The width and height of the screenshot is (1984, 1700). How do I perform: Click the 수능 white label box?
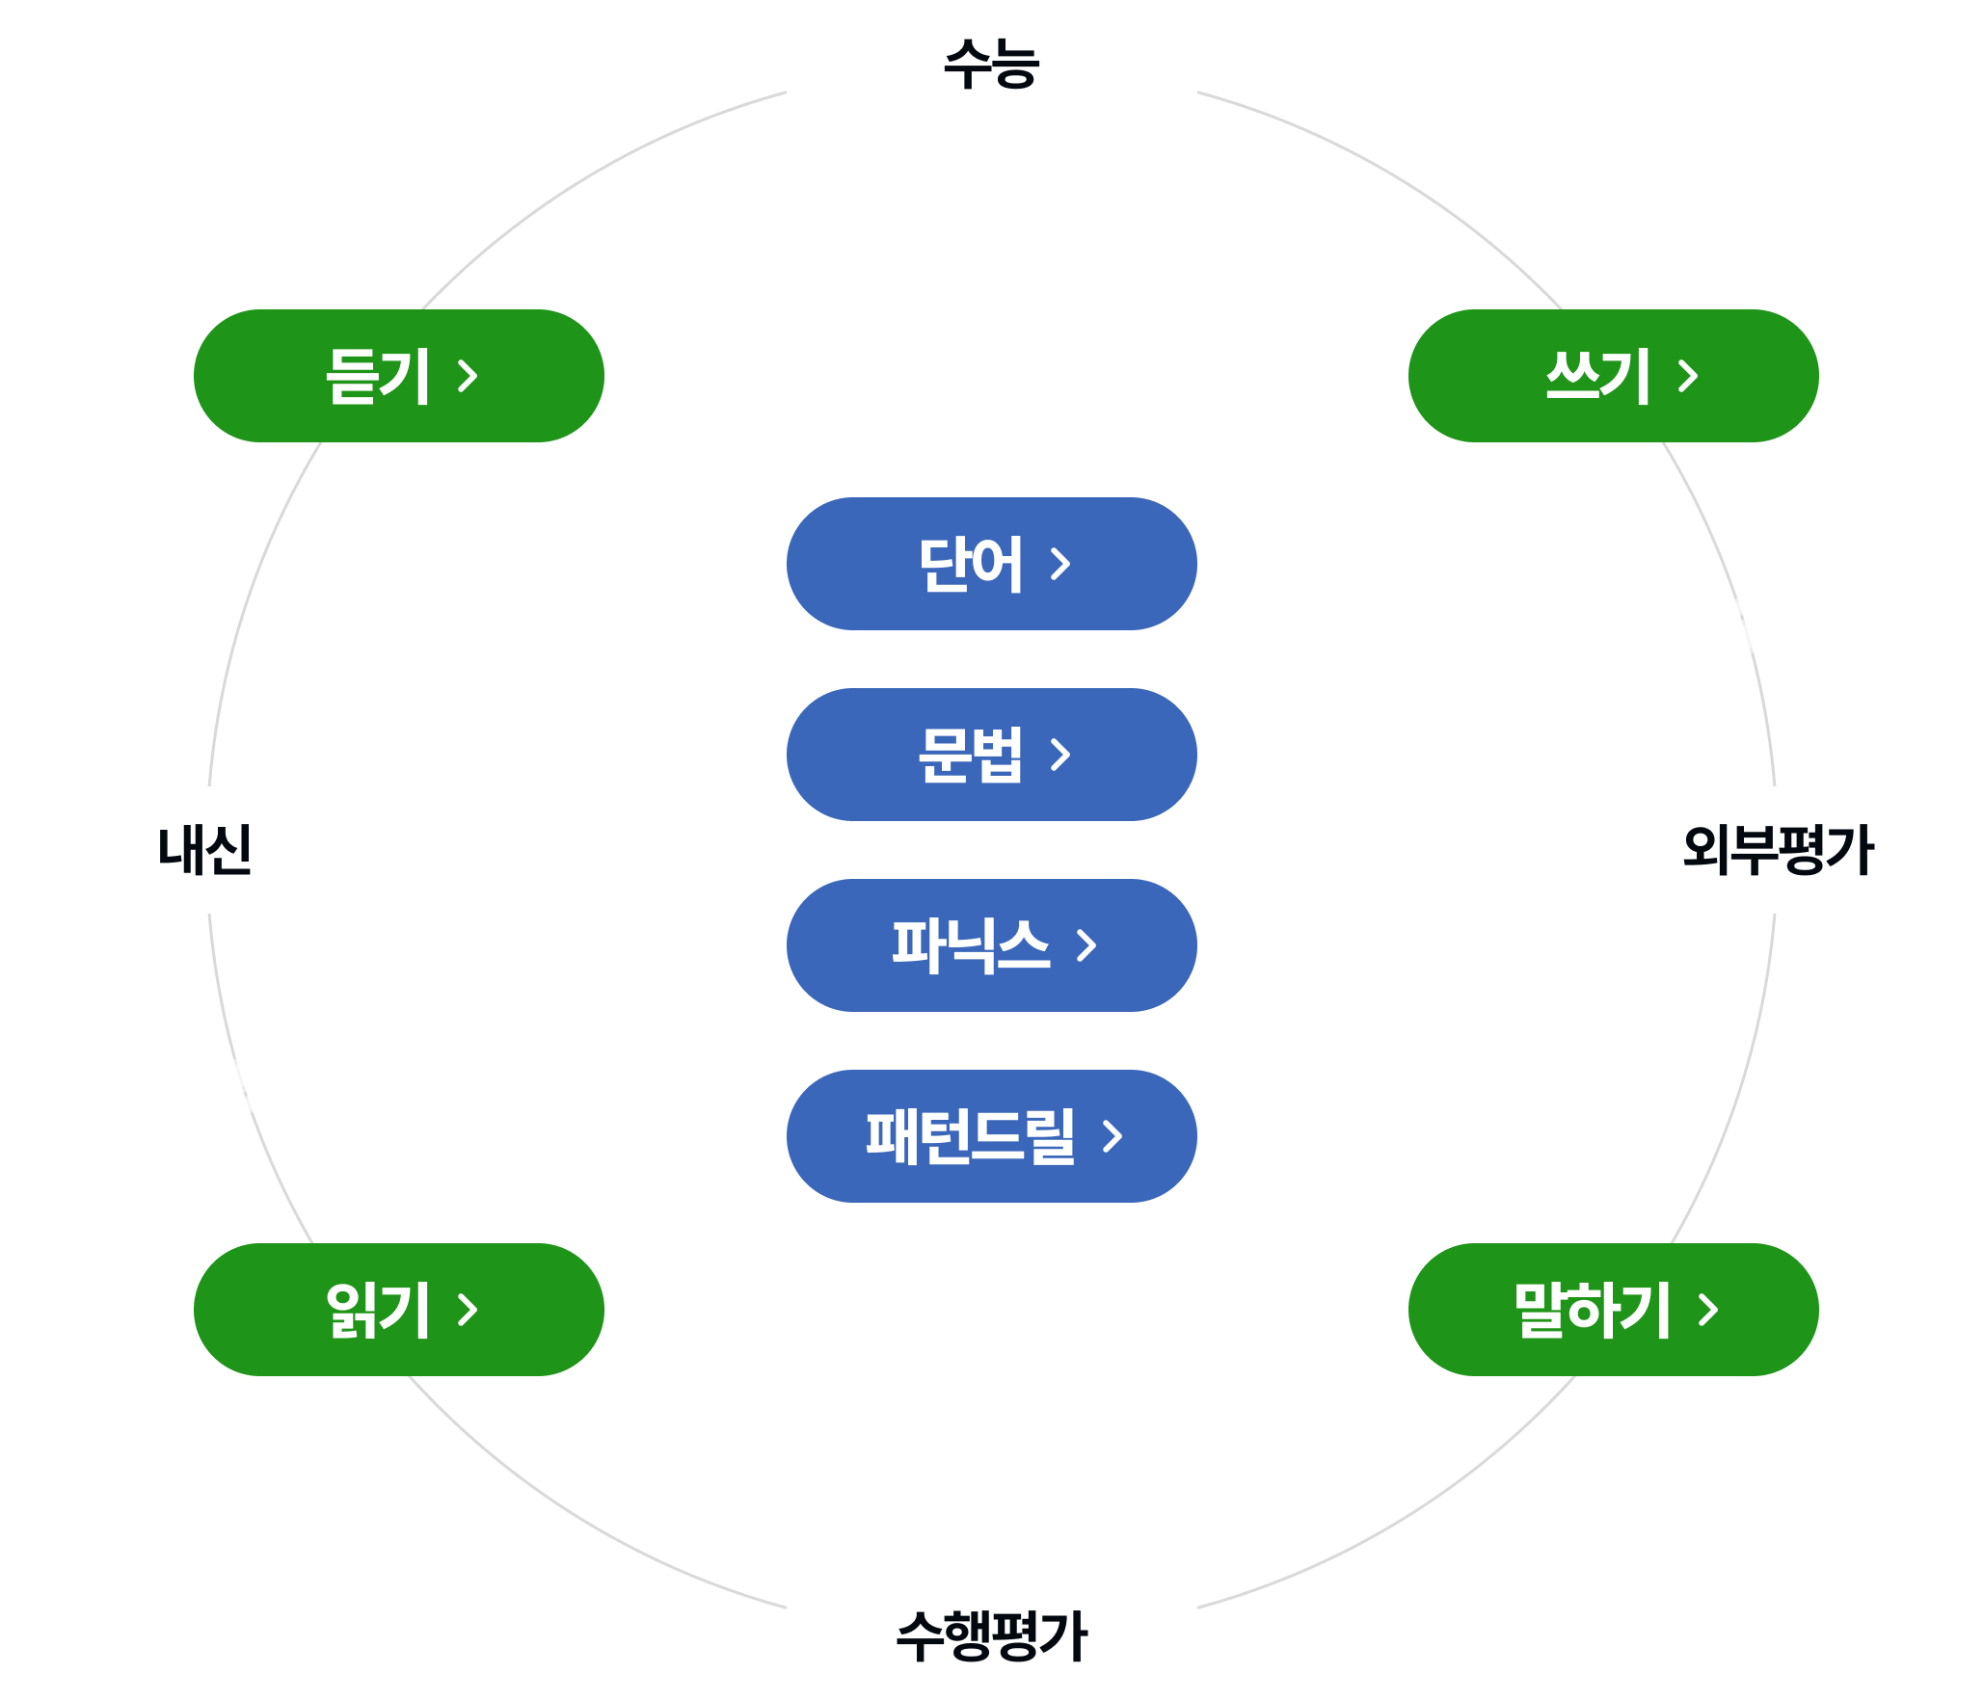coord(991,64)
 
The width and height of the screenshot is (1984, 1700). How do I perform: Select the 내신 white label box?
coord(205,849)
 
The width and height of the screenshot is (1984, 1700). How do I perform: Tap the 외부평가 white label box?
coord(1778,849)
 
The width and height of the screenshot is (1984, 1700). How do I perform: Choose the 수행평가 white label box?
coord(991,1635)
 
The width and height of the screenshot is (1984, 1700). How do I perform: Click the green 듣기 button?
coord(398,376)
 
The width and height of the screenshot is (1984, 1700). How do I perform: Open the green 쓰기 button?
coord(1613,376)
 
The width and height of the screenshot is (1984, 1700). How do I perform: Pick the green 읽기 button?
coord(398,1309)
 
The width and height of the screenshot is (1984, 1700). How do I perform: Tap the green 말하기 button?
coord(1613,1309)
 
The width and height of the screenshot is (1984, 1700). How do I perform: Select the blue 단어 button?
coord(991,564)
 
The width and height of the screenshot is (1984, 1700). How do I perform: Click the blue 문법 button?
coord(991,755)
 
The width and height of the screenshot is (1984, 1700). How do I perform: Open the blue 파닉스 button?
coord(991,944)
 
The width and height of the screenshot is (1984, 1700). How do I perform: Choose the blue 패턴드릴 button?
coord(991,1135)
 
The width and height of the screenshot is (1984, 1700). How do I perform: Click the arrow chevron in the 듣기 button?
coord(469,376)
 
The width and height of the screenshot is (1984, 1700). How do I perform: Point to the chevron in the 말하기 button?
coord(1708,1309)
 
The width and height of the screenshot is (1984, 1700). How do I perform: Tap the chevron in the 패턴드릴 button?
coord(1113,1136)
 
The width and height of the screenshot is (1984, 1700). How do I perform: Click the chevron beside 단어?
coord(1061,564)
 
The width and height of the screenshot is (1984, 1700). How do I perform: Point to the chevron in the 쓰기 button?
coord(1688,376)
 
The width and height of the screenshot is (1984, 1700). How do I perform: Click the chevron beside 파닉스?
coord(1087,945)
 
